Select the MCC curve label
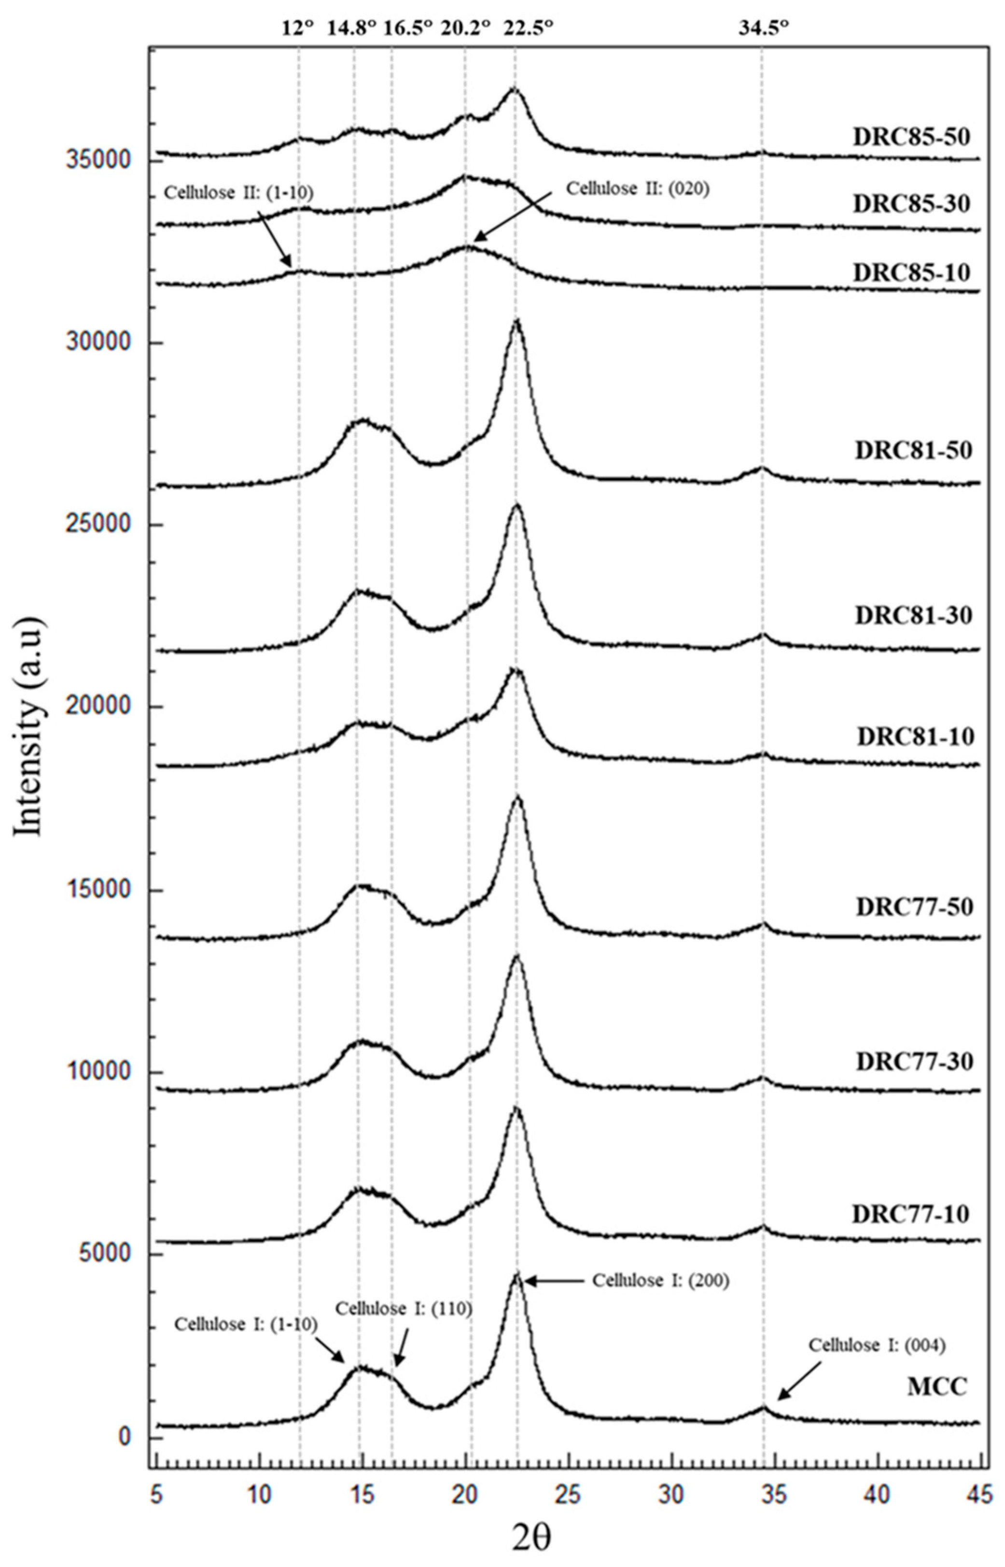coord(936,1387)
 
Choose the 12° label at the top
coord(298,28)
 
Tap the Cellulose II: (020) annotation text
coord(638,189)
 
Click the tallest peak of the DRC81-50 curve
coord(516,321)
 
